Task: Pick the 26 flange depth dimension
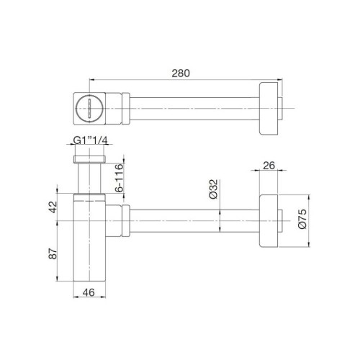[269, 166]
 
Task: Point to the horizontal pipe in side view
[194, 220]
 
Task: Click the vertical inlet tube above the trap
[89, 180]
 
